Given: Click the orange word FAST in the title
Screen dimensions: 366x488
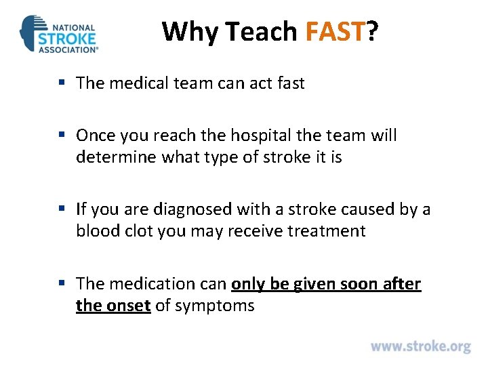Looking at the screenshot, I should (x=335, y=31).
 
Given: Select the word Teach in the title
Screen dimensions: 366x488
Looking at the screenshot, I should (x=261, y=31).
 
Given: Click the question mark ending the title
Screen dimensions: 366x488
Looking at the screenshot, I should (x=372, y=31).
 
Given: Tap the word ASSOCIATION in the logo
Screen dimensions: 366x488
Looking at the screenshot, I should (x=68, y=49).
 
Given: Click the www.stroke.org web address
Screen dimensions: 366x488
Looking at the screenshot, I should (x=420, y=346).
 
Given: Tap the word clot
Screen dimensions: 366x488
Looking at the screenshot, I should (x=140, y=231).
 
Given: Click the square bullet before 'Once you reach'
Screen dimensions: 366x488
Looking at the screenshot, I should (x=62, y=136).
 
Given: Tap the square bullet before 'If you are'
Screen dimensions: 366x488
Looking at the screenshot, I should (x=62, y=209).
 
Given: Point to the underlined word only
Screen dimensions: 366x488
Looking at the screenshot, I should (x=249, y=283).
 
